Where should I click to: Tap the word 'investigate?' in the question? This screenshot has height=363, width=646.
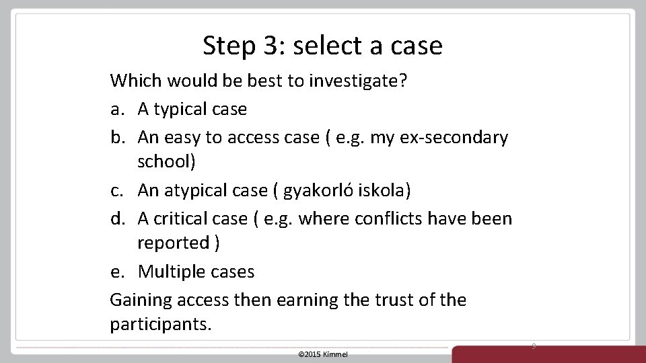tap(358, 81)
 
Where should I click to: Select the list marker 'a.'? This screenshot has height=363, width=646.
tap(118, 109)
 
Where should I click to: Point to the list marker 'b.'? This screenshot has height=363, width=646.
tap(118, 137)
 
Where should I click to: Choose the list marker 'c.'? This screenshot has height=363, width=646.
tap(118, 190)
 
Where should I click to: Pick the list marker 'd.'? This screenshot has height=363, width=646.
tap(118, 218)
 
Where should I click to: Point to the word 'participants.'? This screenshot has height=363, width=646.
tap(160, 325)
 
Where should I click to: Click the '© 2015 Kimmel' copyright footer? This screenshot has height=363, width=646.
tap(323, 354)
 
